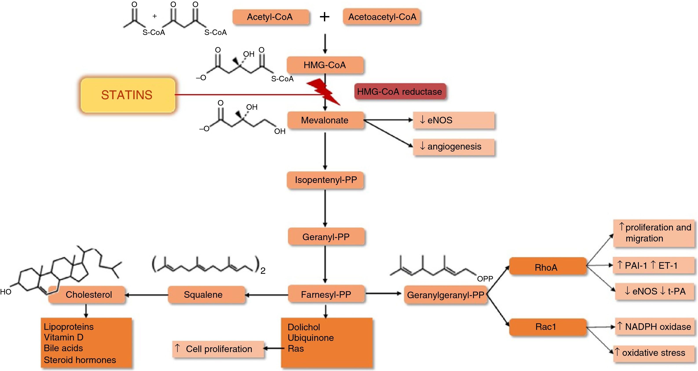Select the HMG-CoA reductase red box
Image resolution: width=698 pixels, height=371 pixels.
point(400,92)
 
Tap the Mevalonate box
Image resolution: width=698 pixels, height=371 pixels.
point(325,120)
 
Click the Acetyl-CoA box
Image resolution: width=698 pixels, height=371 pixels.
point(270,17)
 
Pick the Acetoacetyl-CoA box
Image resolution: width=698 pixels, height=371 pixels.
point(382,17)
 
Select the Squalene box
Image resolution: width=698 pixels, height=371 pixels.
point(206,294)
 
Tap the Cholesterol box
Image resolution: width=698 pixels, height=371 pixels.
point(87,294)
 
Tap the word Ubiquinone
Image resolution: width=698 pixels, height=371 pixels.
point(311,338)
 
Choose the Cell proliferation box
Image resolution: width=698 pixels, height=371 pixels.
point(218,349)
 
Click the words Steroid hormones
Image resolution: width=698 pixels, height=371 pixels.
point(80,360)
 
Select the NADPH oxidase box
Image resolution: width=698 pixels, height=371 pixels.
point(655,327)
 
